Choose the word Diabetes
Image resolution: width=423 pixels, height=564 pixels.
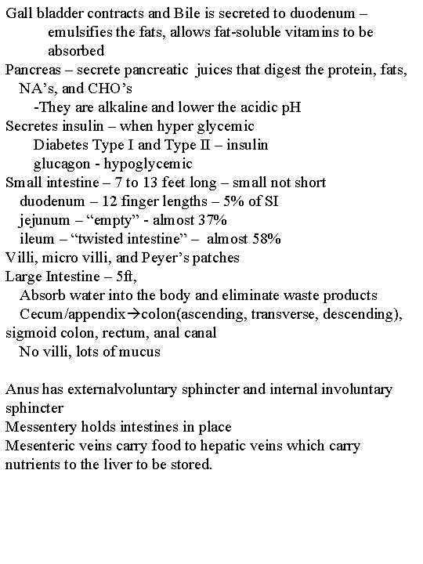click(63, 145)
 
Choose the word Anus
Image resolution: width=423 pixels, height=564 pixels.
click(20, 389)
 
